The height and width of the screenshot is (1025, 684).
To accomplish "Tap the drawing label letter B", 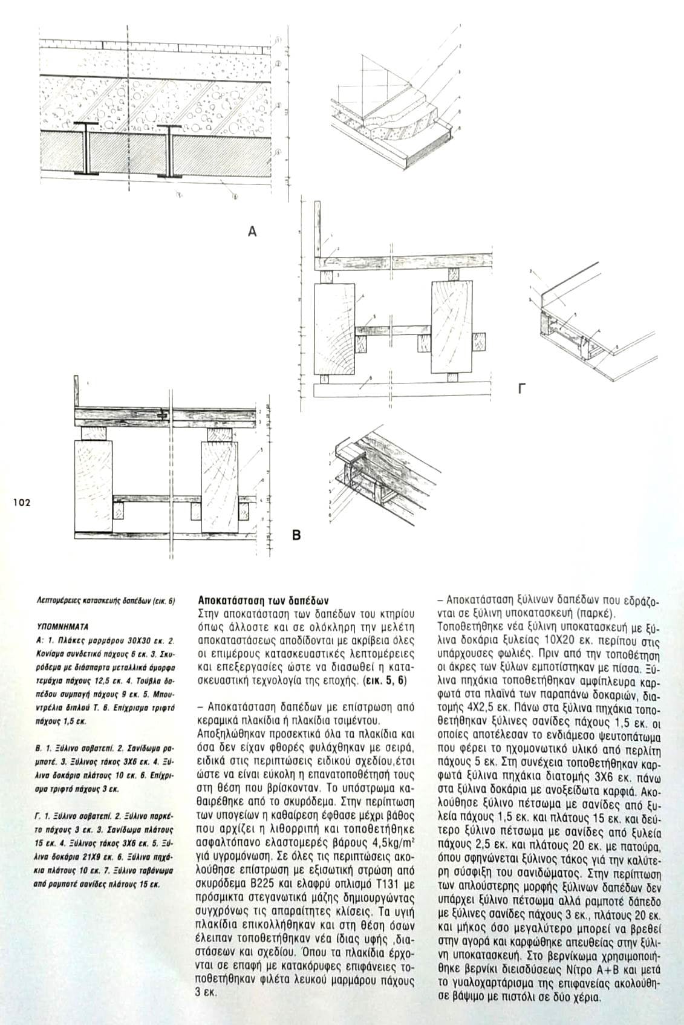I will tap(296, 535).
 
